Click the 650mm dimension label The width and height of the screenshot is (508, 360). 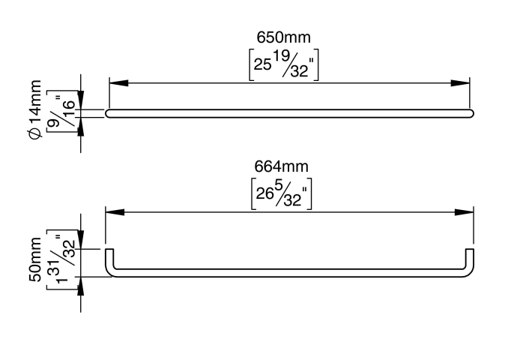tap(283, 37)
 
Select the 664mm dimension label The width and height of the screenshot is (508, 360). tap(281, 166)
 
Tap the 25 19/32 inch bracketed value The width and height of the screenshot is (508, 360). tap(284, 64)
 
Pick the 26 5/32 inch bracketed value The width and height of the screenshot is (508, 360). tap(281, 194)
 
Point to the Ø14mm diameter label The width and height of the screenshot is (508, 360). tap(35, 109)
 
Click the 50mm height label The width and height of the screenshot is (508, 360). tap(35, 259)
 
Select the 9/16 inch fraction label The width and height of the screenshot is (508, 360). tap(61, 112)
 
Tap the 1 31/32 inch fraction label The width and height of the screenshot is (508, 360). tap(61, 259)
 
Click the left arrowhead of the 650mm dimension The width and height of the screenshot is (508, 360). tap(118, 83)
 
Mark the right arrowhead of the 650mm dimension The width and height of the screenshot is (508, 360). tap(460, 83)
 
